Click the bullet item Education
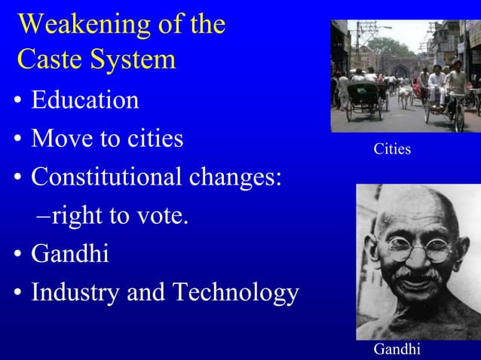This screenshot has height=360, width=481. pos(84,100)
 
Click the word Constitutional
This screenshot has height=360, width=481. pos(105,178)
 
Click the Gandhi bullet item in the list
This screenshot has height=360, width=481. pos(69,255)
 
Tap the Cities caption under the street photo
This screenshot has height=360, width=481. pos(392,149)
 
